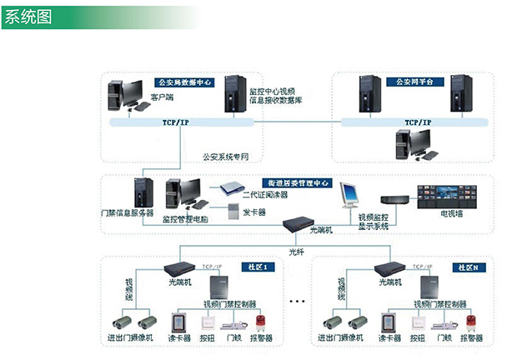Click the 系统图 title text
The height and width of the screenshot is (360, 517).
28,17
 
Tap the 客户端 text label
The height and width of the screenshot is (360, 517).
162,98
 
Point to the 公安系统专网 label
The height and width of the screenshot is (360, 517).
225,156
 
